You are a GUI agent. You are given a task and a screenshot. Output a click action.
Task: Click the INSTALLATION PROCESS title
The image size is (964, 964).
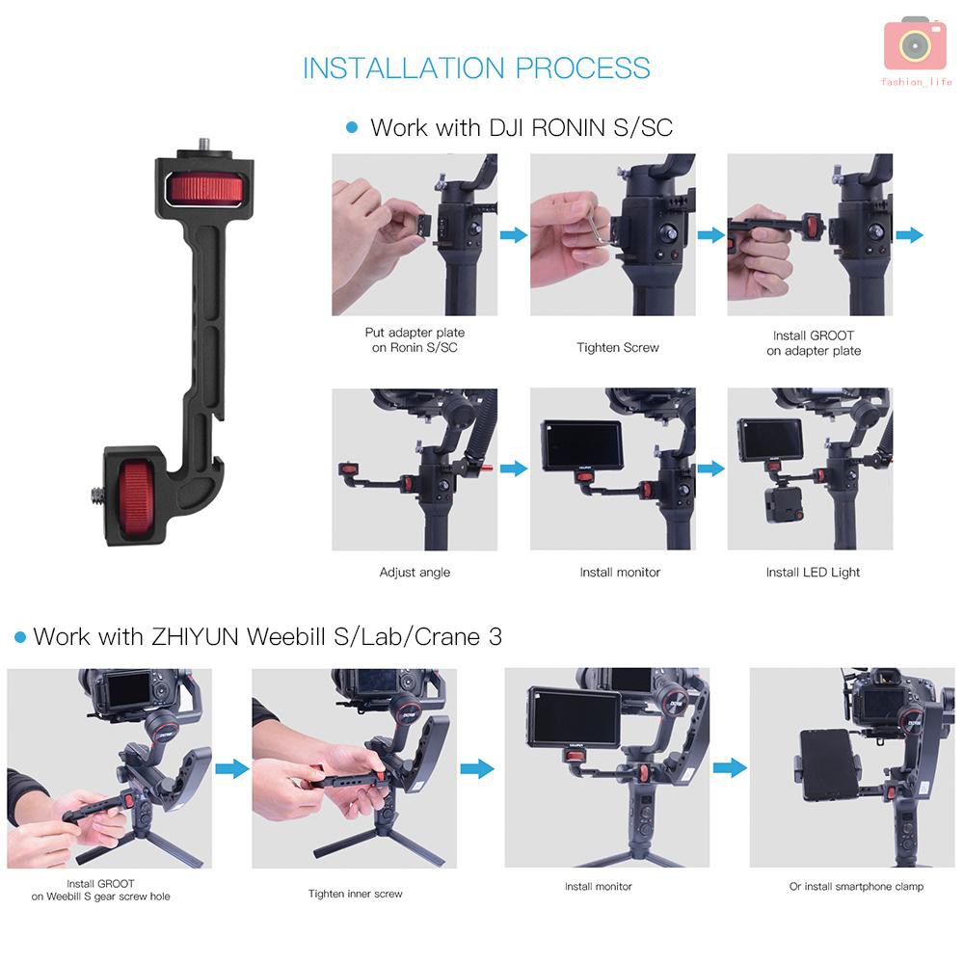point(476,68)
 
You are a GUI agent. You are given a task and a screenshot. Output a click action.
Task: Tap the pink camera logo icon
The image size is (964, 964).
point(915,44)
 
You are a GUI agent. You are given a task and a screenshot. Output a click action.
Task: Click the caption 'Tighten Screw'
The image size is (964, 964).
point(618,347)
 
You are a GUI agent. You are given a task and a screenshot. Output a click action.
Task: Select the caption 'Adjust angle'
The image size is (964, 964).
point(415,573)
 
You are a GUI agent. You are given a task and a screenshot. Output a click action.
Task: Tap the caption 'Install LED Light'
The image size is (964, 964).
point(813,573)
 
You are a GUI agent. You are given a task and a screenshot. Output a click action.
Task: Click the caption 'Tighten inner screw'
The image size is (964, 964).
point(356,894)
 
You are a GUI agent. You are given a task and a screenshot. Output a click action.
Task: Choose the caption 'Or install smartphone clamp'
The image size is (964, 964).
point(856,886)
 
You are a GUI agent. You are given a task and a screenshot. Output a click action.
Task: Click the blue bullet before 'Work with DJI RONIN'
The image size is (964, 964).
point(352,127)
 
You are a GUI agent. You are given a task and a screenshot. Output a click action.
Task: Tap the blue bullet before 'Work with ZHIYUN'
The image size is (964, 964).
point(18,637)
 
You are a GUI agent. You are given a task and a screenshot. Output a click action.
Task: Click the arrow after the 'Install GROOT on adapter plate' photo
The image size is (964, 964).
point(909,235)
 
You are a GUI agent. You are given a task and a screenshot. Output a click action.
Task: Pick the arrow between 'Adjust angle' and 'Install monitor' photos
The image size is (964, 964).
point(514,469)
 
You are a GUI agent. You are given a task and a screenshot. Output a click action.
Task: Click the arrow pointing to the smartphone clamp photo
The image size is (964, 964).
point(730,767)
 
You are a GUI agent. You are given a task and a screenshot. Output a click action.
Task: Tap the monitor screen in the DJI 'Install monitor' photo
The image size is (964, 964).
point(581,444)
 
